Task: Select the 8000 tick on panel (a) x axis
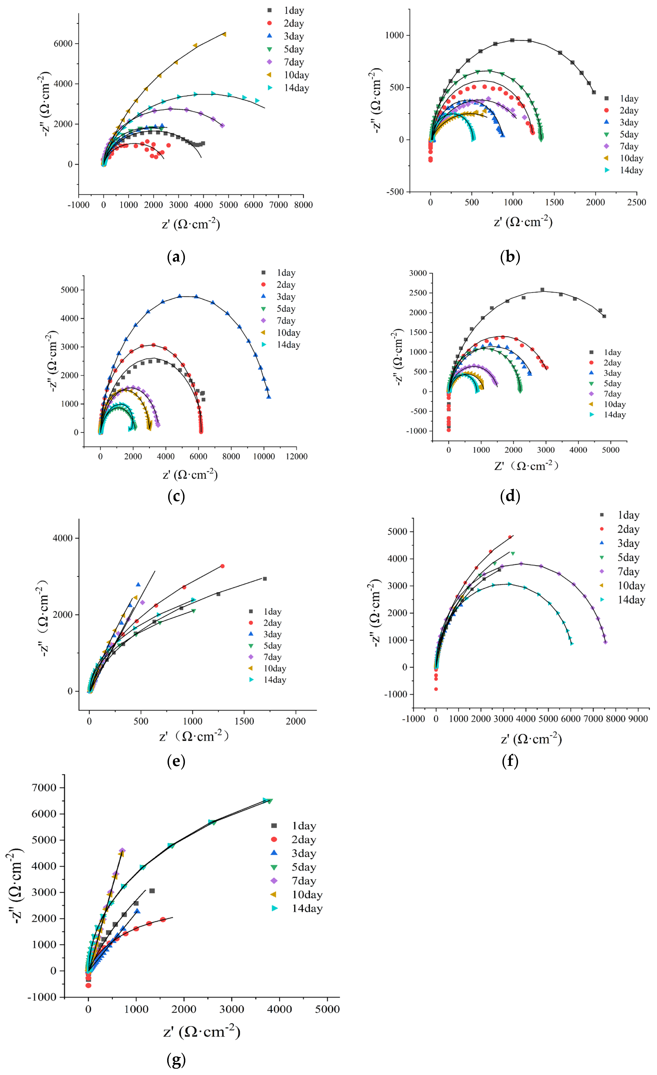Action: pyautogui.click(x=303, y=205)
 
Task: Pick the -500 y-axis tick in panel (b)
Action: pyautogui.click(x=395, y=192)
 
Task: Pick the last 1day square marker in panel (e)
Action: pyautogui.click(x=264, y=579)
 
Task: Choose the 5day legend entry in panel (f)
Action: pyautogui.click(x=628, y=558)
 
